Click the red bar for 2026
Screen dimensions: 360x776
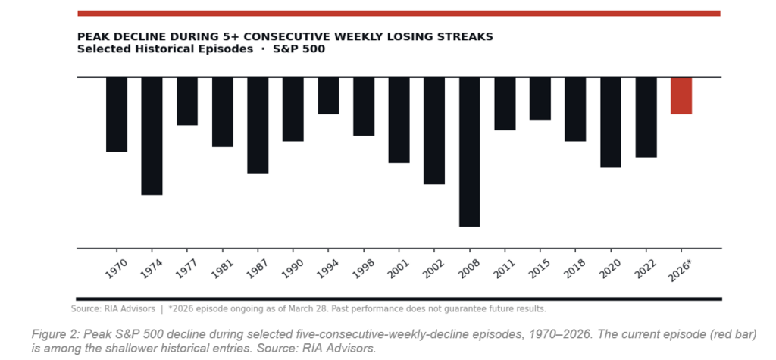click(x=681, y=95)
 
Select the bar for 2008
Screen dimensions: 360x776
click(x=469, y=152)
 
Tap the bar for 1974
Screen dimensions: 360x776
click(x=152, y=136)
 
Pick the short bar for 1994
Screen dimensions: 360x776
click(x=328, y=95)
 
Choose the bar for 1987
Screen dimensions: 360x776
click(x=258, y=125)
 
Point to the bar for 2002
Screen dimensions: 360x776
click(x=433, y=130)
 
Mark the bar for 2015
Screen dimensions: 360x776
click(x=540, y=99)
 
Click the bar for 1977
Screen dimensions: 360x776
click(x=187, y=101)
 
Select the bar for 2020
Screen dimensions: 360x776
click(x=610, y=122)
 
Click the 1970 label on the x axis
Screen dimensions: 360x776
click(x=116, y=267)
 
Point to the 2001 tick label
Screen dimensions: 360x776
click(x=398, y=267)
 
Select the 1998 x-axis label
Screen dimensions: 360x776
click(x=363, y=267)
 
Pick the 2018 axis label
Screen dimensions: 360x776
click(x=574, y=267)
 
